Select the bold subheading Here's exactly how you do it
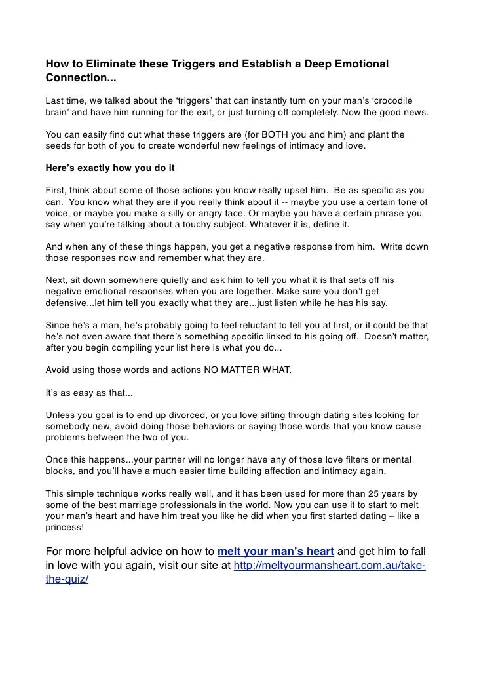click(x=110, y=167)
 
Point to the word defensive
click(x=69, y=303)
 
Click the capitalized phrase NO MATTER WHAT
click(x=248, y=370)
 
